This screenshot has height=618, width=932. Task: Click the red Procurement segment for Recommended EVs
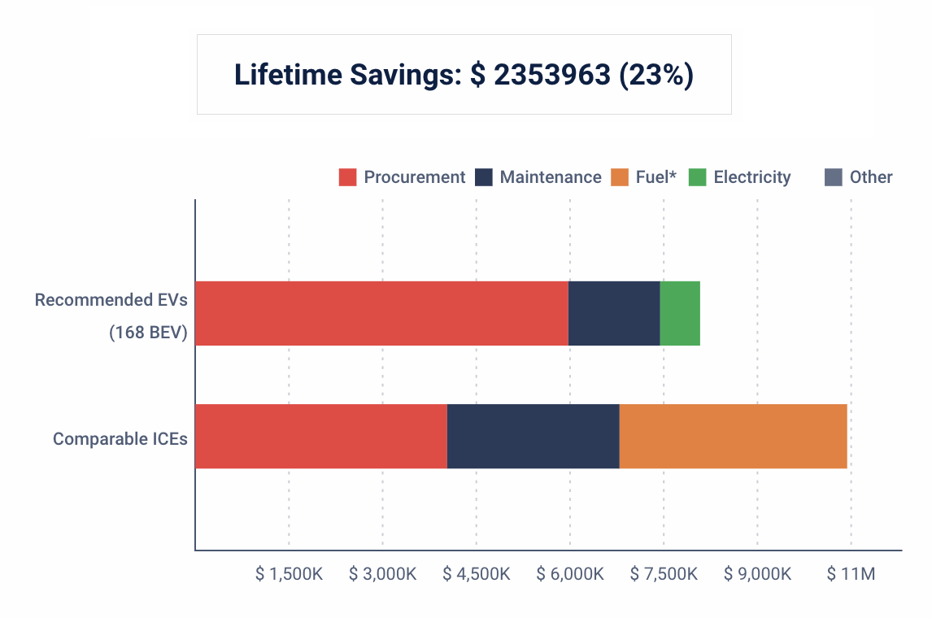click(381, 313)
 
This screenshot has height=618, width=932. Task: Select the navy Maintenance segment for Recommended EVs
click(614, 313)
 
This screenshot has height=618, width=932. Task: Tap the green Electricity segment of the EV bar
click(680, 313)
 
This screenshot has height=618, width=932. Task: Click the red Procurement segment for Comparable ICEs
click(321, 436)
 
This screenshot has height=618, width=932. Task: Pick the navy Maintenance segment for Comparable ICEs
click(534, 436)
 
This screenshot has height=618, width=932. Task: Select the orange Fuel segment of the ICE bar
click(733, 436)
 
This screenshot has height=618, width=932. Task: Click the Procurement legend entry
click(403, 177)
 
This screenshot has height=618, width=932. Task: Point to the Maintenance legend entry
click(538, 177)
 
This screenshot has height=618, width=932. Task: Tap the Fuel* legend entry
click(644, 177)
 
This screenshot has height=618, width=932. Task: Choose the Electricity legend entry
click(740, 177)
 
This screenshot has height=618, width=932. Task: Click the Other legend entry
click(859, 177)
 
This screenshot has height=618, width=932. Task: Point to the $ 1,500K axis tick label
click(289, 574)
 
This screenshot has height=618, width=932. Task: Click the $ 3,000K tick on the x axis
click(382, 574)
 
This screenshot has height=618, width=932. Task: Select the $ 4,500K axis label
click(476, 574)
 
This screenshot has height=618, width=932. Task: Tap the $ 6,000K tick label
click(569, 574)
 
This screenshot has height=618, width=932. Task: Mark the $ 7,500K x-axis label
click(664, 574)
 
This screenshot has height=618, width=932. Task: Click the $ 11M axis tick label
click(851, 574)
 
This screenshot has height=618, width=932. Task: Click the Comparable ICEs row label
click(120, 439)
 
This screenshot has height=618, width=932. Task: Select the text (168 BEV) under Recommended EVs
click(148, 332)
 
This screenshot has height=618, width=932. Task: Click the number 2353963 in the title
click(551, 75)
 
